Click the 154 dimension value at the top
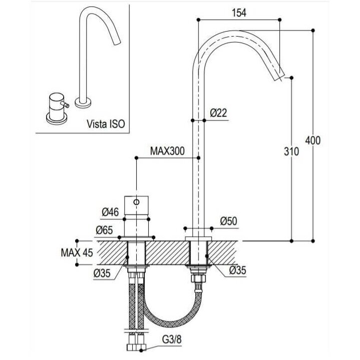(239, 13)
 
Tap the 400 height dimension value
(313, 140)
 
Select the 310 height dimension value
(291, 152)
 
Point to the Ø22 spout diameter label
(218, 113)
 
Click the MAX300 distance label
(167, 151)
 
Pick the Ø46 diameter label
(110, 212)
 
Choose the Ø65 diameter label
(104, 230)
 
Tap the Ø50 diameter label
(228, 221)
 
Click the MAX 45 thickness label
(77, 253)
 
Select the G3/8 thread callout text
(172, 339)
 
